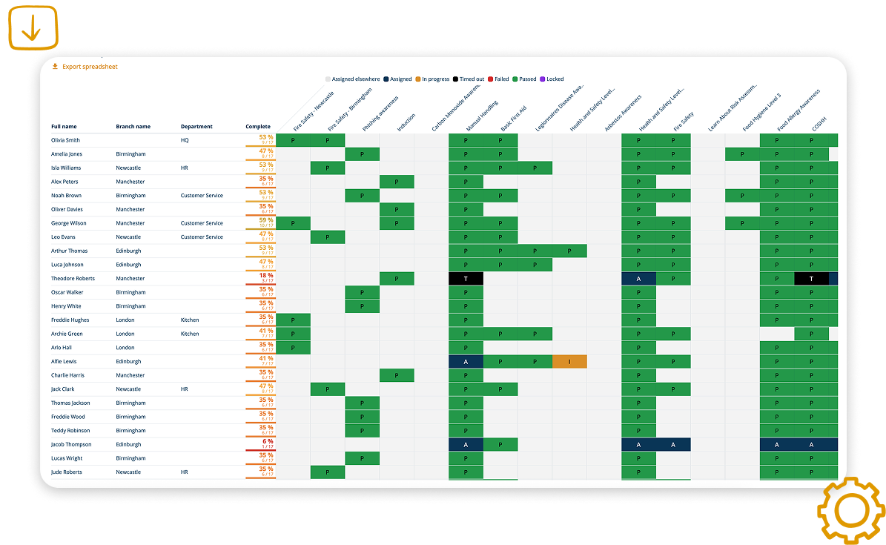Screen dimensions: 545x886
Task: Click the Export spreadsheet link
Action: coord(89,67)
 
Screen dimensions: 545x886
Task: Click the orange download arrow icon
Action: coord(33,27)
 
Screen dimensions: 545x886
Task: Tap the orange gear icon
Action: coord(851,511)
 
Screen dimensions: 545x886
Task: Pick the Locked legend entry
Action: coord(552,79)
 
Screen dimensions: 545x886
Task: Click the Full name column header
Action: coord(64,127)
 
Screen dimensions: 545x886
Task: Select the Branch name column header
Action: coord(133,127)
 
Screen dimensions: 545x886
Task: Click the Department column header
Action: coord(196,127)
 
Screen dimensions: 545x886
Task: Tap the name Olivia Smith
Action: coord(65,140)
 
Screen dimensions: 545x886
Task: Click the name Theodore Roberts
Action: coord(72,279)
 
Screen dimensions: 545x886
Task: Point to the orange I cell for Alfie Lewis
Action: coord(569,362)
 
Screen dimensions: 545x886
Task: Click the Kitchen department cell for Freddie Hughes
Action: coord(190,320)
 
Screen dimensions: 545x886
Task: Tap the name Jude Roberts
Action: coord(66,472)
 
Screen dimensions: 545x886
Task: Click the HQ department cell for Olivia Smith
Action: coord(185,140)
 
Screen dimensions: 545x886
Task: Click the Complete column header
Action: coord(258,127)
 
